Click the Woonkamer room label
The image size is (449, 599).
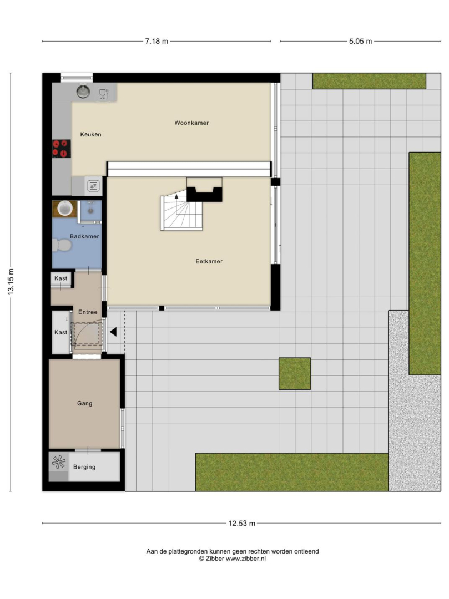(191, 123)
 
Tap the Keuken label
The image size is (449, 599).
(90, 134)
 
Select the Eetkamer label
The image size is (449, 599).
(209, 261)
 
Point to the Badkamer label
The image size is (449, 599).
(84, 236)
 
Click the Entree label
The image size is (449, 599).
(88, 312)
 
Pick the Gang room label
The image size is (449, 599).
(85, 403)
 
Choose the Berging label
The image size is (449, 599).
(84, 467)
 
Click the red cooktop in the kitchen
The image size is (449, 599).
(62, 149)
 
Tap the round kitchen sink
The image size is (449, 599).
(83, 92)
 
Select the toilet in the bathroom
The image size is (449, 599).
(62, 245)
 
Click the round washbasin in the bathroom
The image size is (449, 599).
(65, 208)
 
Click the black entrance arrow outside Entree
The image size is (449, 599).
(113, 332)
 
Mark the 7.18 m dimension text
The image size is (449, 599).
(157, 41)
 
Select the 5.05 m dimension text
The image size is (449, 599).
(360, 41)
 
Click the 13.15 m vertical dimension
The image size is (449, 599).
(11, 282)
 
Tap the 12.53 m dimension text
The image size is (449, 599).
(242, 524)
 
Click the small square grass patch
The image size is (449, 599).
(295, 374)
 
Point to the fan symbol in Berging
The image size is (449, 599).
(58, 462)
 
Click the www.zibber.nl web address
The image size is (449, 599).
(246, 559)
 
